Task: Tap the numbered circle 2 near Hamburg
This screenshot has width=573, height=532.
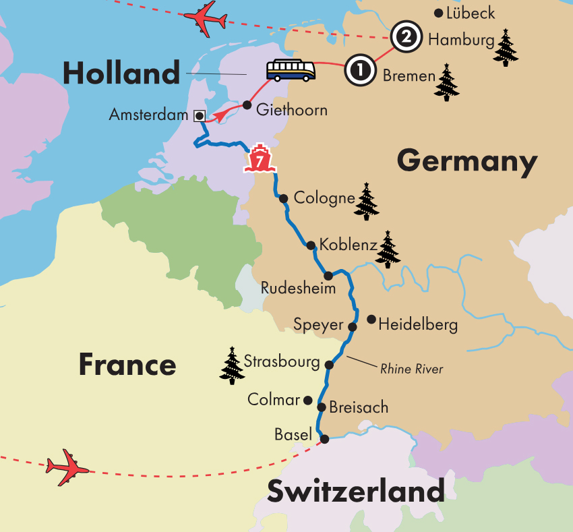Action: (406, 36)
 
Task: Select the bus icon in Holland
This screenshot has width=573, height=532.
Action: (291, 69)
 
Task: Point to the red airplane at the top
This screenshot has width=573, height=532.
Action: (205, 20)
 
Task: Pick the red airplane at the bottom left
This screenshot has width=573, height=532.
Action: (67, 466)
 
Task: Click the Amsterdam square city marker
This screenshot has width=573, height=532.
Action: (199, 115)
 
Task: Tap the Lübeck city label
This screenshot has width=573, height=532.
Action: (471, 13)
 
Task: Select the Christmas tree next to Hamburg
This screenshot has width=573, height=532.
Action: (506, 47)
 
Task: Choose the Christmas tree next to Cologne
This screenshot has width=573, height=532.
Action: (367, 201)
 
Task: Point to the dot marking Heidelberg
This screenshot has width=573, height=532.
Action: (371, 318)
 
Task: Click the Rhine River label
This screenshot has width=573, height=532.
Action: (411, 369)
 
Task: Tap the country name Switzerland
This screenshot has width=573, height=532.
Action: (356, 492)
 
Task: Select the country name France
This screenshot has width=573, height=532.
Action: (127, 365)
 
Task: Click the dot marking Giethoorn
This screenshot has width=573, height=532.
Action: (247, 106)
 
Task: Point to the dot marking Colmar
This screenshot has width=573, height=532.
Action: (308, 400)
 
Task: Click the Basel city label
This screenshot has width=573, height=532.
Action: (293, 435)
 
